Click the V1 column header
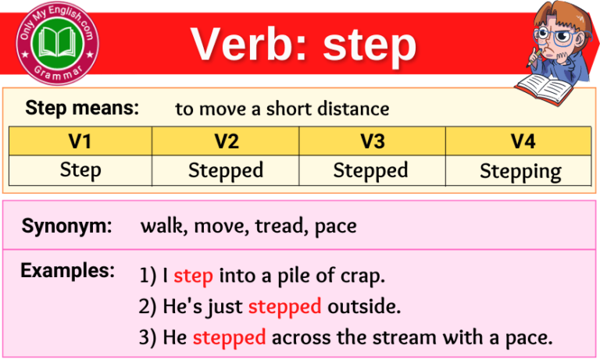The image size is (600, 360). [x=80, y=141]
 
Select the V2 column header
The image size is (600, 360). [x=226, y=141]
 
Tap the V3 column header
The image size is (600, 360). [x=372, y=141]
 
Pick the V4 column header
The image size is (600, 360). [x=518, y=141]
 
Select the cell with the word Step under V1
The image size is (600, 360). [x=80, y=169]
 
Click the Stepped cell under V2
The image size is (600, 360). [x=226, y=170]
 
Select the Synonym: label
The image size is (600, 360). [x=66, y=226]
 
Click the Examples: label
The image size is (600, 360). [x=68, y=271]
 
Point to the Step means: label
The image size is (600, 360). [x=82, y=108]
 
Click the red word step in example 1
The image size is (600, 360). [x=193, y=276]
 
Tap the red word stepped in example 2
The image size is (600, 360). [x=284, y=307]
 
